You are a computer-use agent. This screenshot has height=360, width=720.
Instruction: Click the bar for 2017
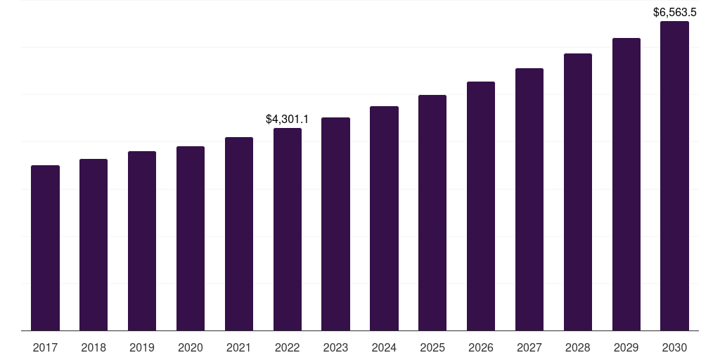[45, 247]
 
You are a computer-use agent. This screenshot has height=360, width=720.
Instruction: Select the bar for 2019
[142, 240]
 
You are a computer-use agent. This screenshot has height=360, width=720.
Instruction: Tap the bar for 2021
[239, 233]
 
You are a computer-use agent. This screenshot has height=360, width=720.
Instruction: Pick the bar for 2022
[288, 229]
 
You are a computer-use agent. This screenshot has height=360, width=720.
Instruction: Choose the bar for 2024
[384, 218]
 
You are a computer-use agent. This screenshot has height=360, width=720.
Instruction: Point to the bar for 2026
[481, 206]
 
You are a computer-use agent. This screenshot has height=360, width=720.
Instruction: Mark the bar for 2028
[578, 192]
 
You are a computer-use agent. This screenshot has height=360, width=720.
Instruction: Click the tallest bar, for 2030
[675, 176]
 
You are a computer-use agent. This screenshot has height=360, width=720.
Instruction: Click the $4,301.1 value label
[288, 120]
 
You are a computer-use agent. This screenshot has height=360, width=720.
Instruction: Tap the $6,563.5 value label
[675, 12]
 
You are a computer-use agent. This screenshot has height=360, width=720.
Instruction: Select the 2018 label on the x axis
[94, 347]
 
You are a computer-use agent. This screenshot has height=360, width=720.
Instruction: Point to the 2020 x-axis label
[191, 347]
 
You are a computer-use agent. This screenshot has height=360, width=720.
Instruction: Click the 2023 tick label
[335, 347]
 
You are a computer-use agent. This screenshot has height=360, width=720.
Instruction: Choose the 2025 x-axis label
[432, 347]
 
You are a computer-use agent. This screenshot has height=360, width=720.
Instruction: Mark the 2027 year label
[529, 347]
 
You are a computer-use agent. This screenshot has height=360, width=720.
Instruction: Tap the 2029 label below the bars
[626, 347]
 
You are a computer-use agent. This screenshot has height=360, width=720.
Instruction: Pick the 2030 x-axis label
[675, 347]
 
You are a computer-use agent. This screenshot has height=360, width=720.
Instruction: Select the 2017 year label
[45, 347]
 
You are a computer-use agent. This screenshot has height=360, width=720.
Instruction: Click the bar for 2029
[626, 184]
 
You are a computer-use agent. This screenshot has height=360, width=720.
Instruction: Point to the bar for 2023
[335, 224]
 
